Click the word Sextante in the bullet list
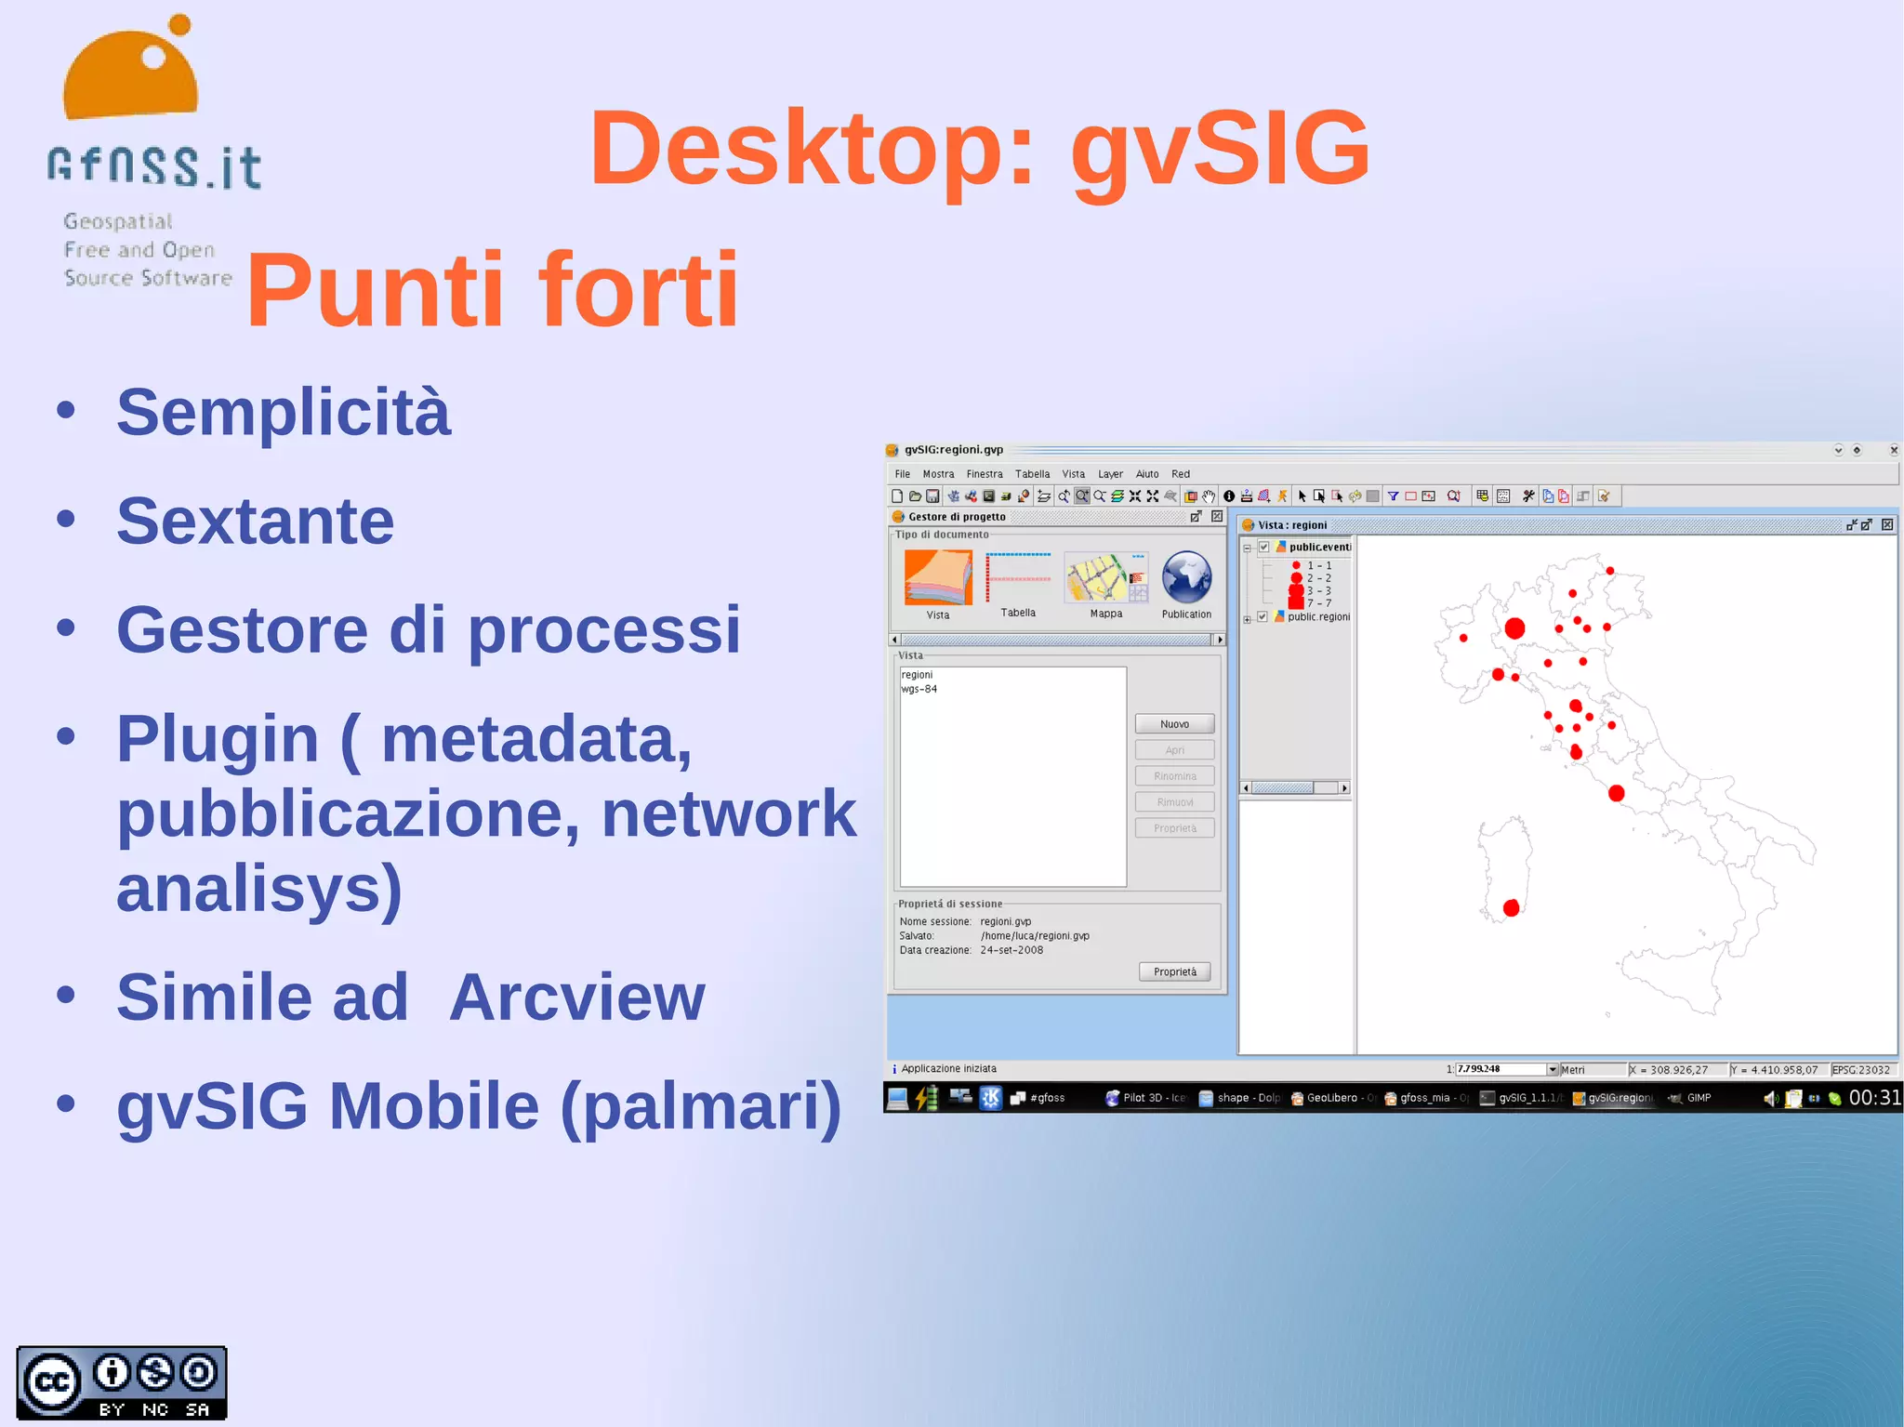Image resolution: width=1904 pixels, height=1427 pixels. tap(255, 522)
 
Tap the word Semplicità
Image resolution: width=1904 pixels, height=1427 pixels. tap(283, 412)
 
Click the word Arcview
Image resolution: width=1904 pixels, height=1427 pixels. tap(576, 998)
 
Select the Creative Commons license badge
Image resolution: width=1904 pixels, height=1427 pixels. tap(122, 1383)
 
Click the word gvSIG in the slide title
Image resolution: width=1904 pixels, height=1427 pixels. tap(1219, 149)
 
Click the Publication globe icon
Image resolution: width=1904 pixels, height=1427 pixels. tap(1186, 577)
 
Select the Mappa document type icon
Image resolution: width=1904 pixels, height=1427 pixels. tap(1105, 577)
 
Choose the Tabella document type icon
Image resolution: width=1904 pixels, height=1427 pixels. tap(1018, 577)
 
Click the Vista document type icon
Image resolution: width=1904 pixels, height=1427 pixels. tap(937, 577)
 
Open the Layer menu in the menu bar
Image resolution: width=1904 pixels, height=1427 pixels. tap(1110, 474)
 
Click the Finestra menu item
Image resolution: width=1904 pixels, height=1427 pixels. tap(984, 474)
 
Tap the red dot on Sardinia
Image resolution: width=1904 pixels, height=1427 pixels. tap(1511, 907)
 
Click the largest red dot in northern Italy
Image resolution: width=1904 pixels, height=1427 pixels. tap(1514, 628)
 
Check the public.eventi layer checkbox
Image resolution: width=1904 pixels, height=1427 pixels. tap(1264, 548)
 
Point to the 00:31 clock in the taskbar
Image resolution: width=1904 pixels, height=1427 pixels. tap(1874, 1098)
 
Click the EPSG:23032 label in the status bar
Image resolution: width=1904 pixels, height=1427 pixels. tap(1860, 1070)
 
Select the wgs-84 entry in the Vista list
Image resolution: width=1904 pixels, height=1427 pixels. tap(919, 689)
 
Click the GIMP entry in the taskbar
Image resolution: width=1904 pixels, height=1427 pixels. tap(1699, 1098)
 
